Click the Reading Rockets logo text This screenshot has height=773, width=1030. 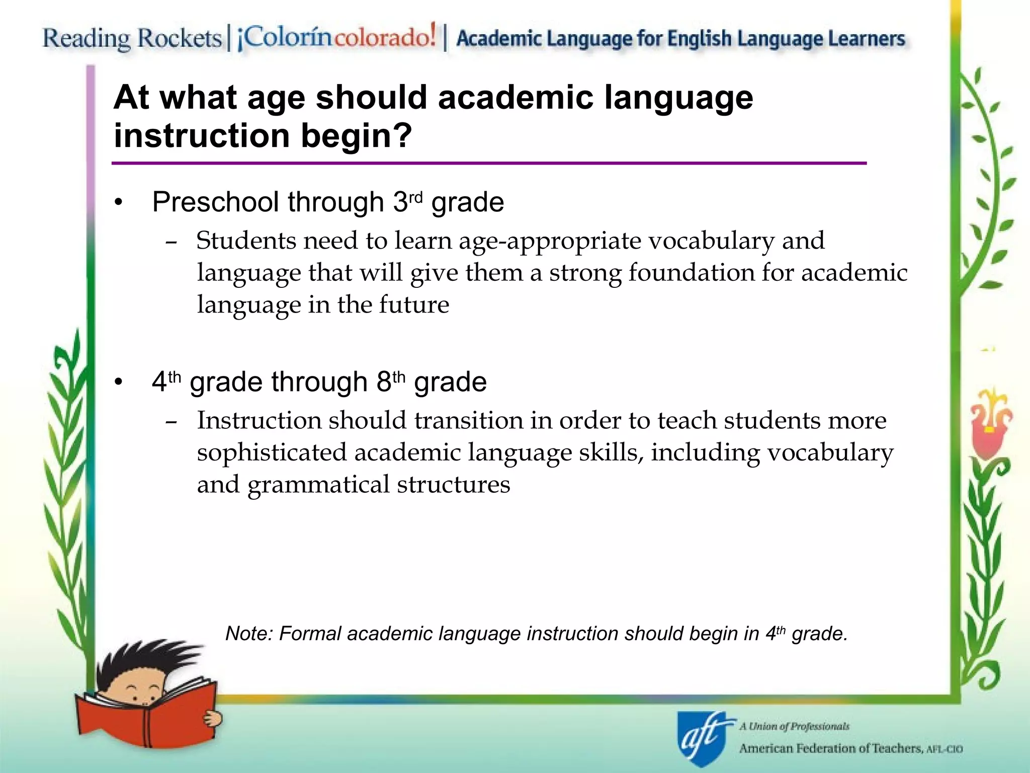coord(132,39)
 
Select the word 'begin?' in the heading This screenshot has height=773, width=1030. coord(357,136)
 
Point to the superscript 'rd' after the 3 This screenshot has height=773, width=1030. coord(416,195)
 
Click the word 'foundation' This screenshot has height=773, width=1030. coord(691,273)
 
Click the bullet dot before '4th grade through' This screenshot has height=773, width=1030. coord(118,382)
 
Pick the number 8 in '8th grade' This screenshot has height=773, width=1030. coord(384,382)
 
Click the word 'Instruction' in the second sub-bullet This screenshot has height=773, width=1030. coord(259,421)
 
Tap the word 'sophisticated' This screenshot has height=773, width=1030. coord(272,453)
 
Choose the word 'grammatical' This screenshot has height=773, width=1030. coord(318,485)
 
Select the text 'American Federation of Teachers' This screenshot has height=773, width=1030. coord(830,748)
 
